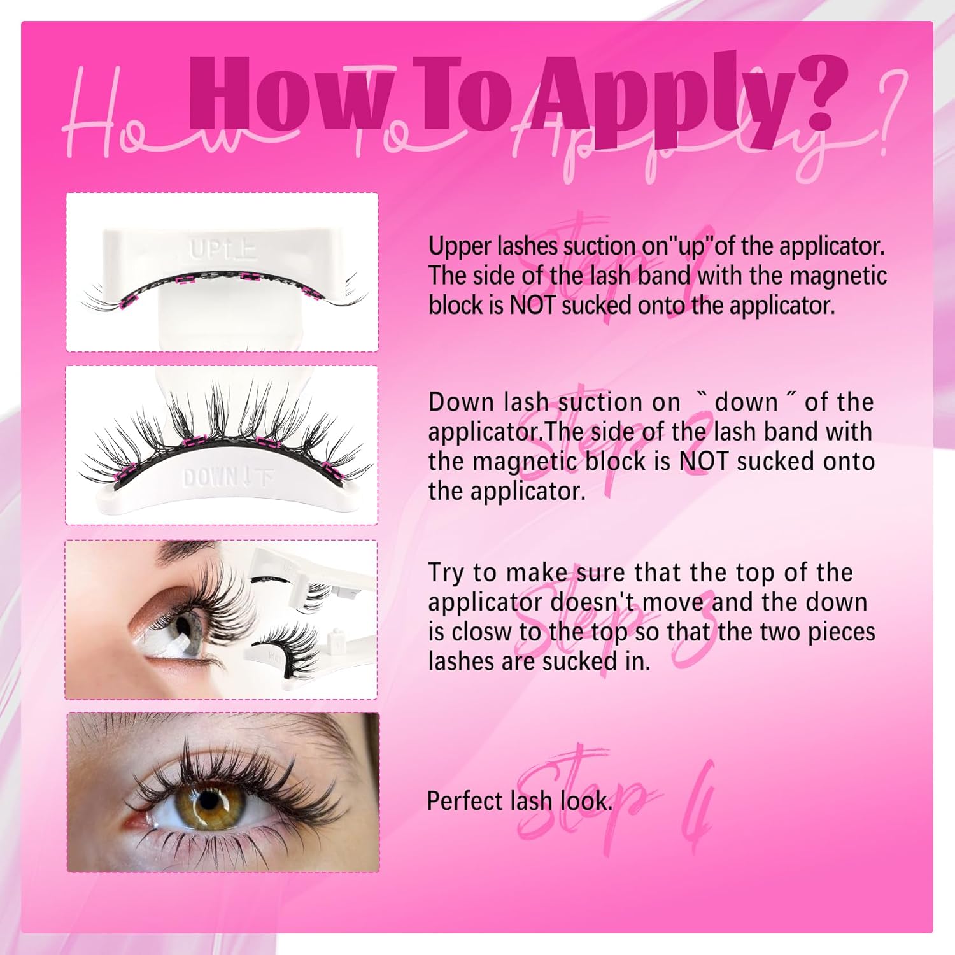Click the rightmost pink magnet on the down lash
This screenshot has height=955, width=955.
[330, 470]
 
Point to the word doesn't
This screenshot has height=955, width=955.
[593, 602]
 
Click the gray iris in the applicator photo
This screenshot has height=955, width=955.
[187, 630]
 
